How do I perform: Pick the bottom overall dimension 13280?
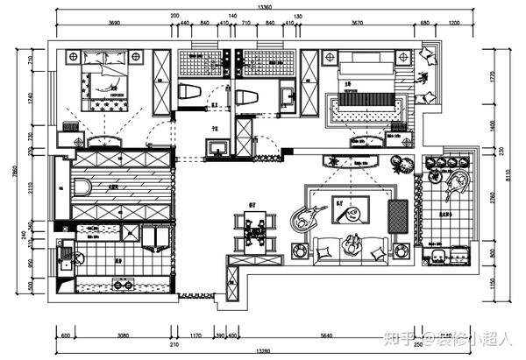(264, 351)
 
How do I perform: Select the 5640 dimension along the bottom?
(326, 334)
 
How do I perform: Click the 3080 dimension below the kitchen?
(124, 334)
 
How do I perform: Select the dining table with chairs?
(255, 232)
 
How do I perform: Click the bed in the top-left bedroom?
(104, 81)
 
